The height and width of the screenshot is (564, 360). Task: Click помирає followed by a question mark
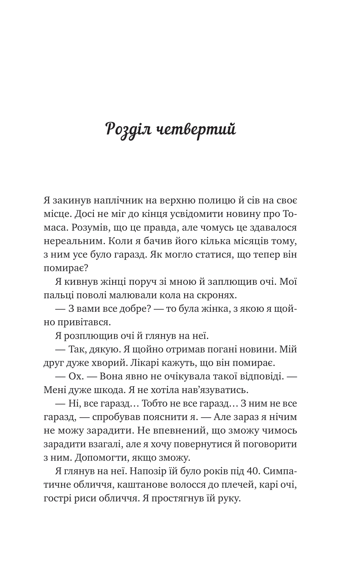click(68, 268)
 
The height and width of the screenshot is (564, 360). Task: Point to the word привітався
click(84, 322)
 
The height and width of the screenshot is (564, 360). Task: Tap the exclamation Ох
click(75, 376)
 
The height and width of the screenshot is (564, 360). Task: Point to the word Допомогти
click(93, 458)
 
